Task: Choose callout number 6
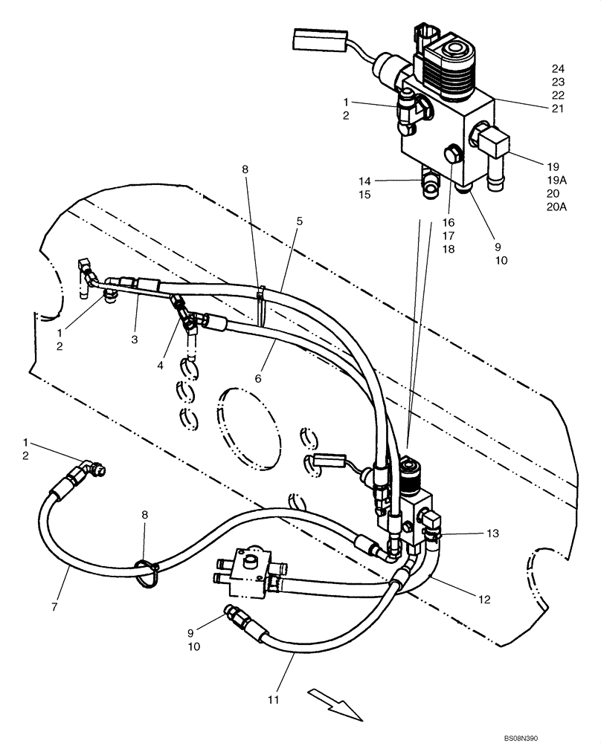click(258, 378)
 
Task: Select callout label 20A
click(556, 207)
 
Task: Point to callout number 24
click(559, 68)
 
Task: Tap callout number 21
click(559, 108)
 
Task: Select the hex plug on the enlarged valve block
click(451, 156)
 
